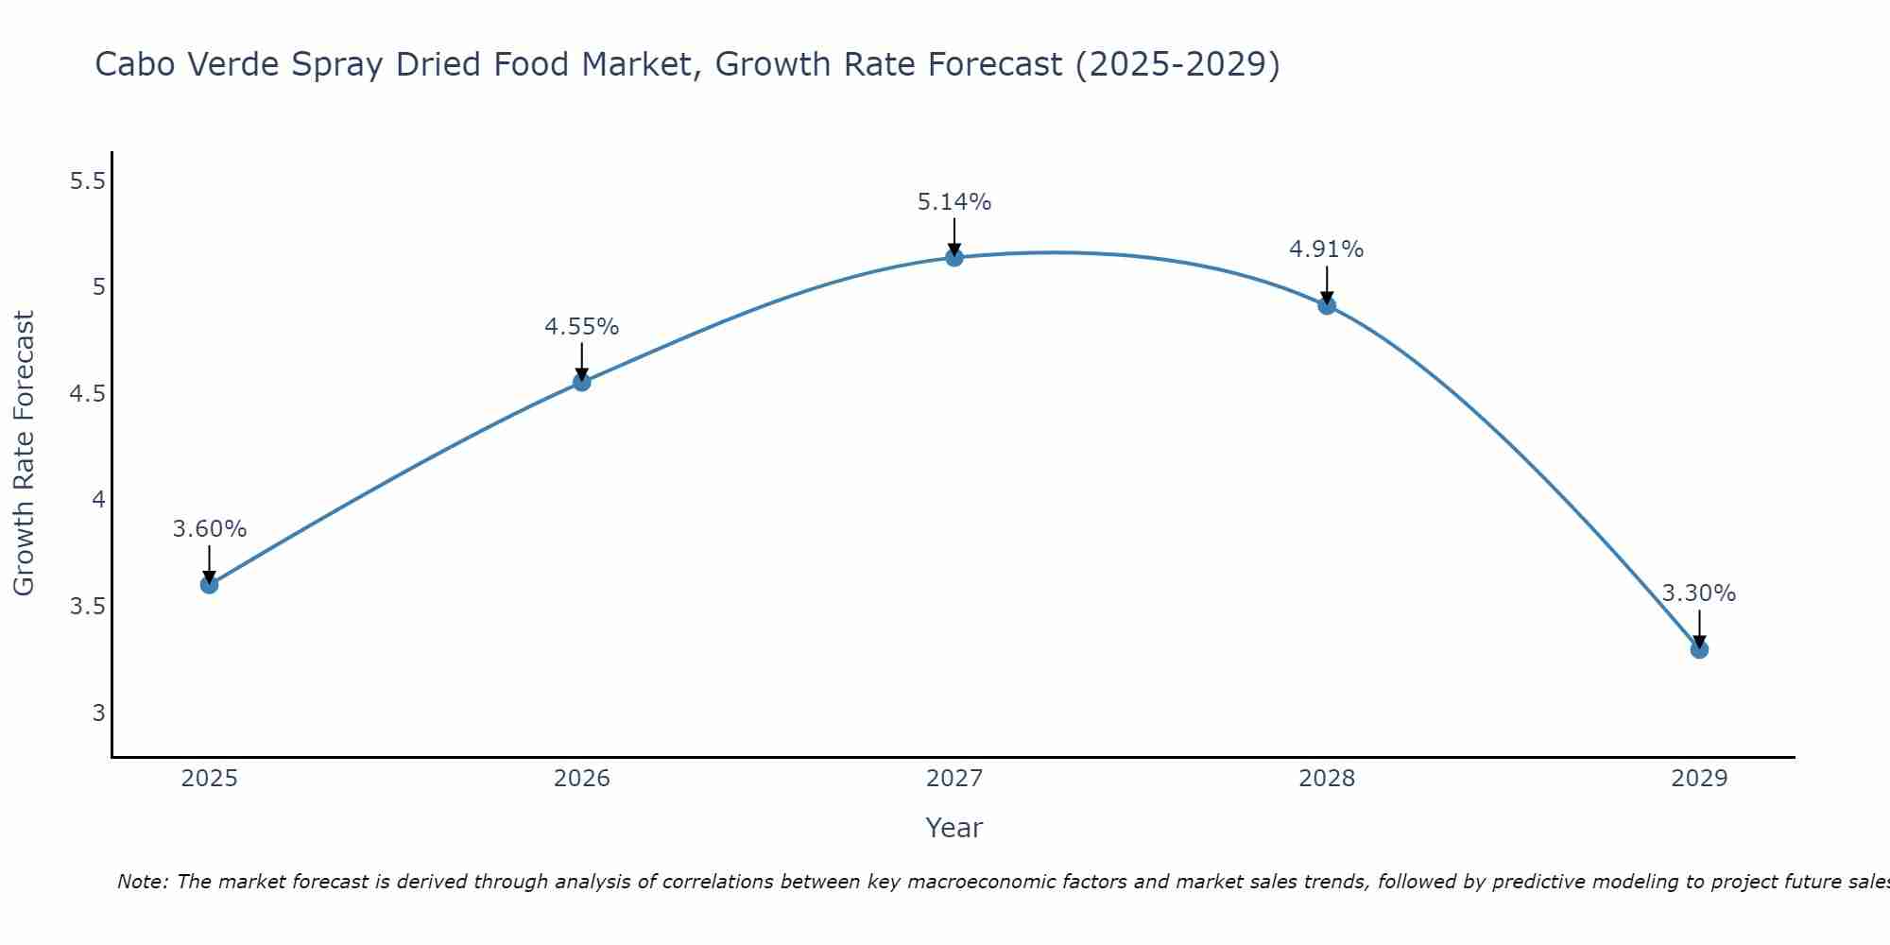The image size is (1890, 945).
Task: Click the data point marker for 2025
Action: coord(210,585)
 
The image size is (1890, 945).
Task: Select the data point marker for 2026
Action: coord(582,382)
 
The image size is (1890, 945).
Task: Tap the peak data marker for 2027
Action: coord(954,257)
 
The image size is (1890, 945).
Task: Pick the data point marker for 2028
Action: coord(1327,305)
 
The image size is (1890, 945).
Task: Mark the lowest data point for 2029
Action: coord(1699,649)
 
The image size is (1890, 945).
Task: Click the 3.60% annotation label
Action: coord(210,529)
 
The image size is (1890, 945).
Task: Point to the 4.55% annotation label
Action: coord(582,327)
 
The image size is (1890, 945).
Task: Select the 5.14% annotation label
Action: coord(954,202)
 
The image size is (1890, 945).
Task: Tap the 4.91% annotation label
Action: coord(1327,249)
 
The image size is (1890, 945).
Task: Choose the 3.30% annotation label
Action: coord(1699,593)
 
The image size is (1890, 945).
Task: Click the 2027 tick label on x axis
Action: coord(954,779)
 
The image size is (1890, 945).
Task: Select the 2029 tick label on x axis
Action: coord(1699,779)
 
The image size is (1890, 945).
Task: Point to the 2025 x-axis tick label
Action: coord(210,779)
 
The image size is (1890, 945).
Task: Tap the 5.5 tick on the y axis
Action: coord(87,181)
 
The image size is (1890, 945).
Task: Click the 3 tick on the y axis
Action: coord(98,713)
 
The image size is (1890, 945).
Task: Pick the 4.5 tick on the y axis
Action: coord(87,394)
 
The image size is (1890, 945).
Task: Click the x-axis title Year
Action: coord(954,828)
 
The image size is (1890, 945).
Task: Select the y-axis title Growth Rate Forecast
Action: coord(25,454)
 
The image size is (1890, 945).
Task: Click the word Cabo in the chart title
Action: coord(135,65)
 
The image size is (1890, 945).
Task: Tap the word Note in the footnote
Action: coord(143,882)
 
